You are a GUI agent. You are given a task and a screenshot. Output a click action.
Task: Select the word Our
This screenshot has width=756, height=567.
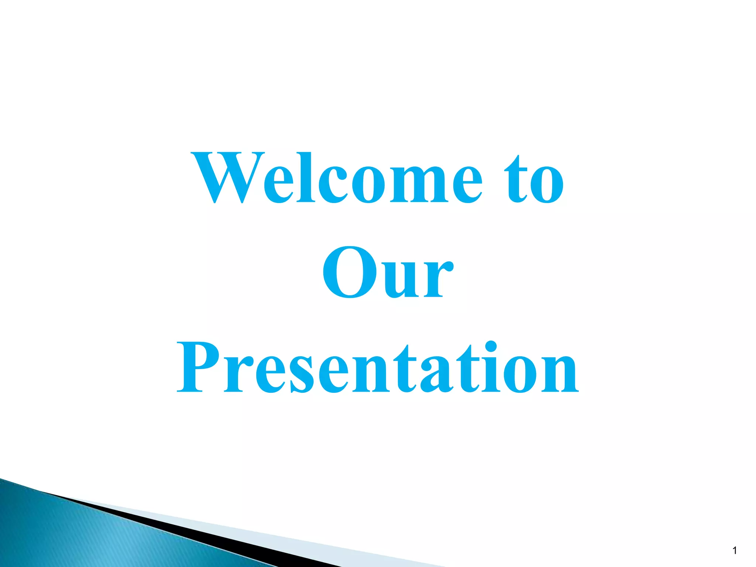pyautogui.click(x=388, y=273)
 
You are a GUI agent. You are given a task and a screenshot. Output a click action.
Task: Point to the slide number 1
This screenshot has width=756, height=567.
pyautogui.click(x=734, y=551)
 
